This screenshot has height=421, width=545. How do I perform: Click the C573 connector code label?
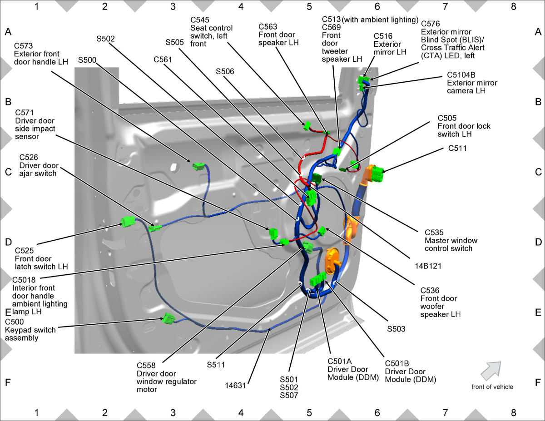(x=23, y=45)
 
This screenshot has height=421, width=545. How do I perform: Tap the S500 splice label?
(x=87, y=60)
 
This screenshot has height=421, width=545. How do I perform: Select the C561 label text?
(x=163, y=59)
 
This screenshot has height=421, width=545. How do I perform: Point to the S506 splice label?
(x=225, y=71)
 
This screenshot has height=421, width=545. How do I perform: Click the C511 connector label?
(x=457, y=149)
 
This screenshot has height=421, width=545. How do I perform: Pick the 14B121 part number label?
(x=428, y=266)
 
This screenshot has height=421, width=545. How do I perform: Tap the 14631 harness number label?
(x=235, y=386)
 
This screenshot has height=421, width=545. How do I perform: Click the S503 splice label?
(x=396, y=329)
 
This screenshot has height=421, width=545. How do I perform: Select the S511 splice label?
(x=216, y=365)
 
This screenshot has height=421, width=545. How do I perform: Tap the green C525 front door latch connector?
(x=128, y=222)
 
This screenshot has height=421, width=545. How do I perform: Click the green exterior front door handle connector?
(x=199, y=167)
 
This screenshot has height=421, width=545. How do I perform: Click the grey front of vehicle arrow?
(x=491, y=371)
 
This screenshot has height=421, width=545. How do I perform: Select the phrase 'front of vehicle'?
(x=492, y=387)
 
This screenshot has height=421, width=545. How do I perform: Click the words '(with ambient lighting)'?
(x=380, y=20)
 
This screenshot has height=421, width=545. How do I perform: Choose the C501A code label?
(x=340, y=362)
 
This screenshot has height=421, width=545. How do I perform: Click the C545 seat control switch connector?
(x=307, y=126)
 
